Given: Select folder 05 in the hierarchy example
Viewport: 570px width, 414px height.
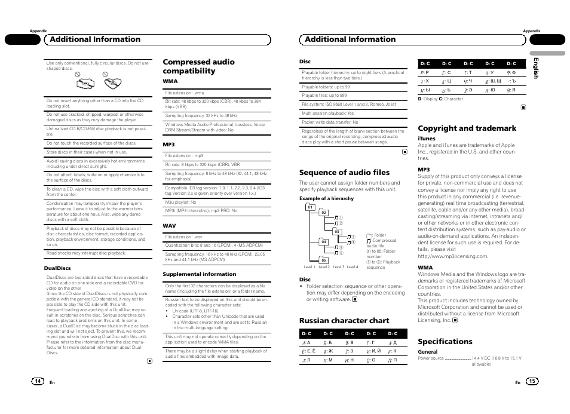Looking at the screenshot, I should pyautogui.click(x=323, y=260).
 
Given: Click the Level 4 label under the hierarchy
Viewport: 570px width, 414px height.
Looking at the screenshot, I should pyautogui.click(x=353, y=267).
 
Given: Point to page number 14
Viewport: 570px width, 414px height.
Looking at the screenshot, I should pyautogui.click(x=38, y=381).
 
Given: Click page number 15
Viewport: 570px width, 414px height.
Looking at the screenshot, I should pyautogui.click(x=532, y=381).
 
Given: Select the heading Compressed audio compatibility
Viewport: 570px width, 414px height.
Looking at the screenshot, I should pyautogui.click(x=198, y=66).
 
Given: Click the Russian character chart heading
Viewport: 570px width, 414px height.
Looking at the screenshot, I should pyautogui.click(x=344, y=320).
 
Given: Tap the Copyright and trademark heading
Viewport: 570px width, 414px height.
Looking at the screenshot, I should pyautogui.click(x=467, y=128).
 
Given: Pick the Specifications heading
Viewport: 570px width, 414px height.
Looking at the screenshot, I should pyautogui.click(x=445, y=342).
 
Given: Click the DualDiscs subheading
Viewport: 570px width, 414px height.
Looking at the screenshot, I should pyautogui.click(x=58, y=268).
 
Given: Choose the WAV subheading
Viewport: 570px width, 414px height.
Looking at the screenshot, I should pyautogui.click(x=169, y=226).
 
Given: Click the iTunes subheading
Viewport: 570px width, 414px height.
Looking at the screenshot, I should pyautogui.click(x=427, y=139).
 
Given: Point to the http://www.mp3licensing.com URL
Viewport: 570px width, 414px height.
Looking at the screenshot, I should pyautogui.click(x=453, y=256).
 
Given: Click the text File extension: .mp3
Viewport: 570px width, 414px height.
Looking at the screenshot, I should pyautogui.click(x=184, y=156).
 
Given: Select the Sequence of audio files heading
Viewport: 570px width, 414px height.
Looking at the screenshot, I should pyautogui.click(x=344, y=173).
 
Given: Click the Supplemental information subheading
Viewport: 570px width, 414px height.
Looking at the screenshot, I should pyautogui.click(x=199, y=274).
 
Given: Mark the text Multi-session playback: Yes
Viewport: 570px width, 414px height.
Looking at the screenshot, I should pyautogui.click(x=327, y=113).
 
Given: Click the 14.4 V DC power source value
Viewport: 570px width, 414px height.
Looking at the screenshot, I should pyautogui.click(x=496, y=358).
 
